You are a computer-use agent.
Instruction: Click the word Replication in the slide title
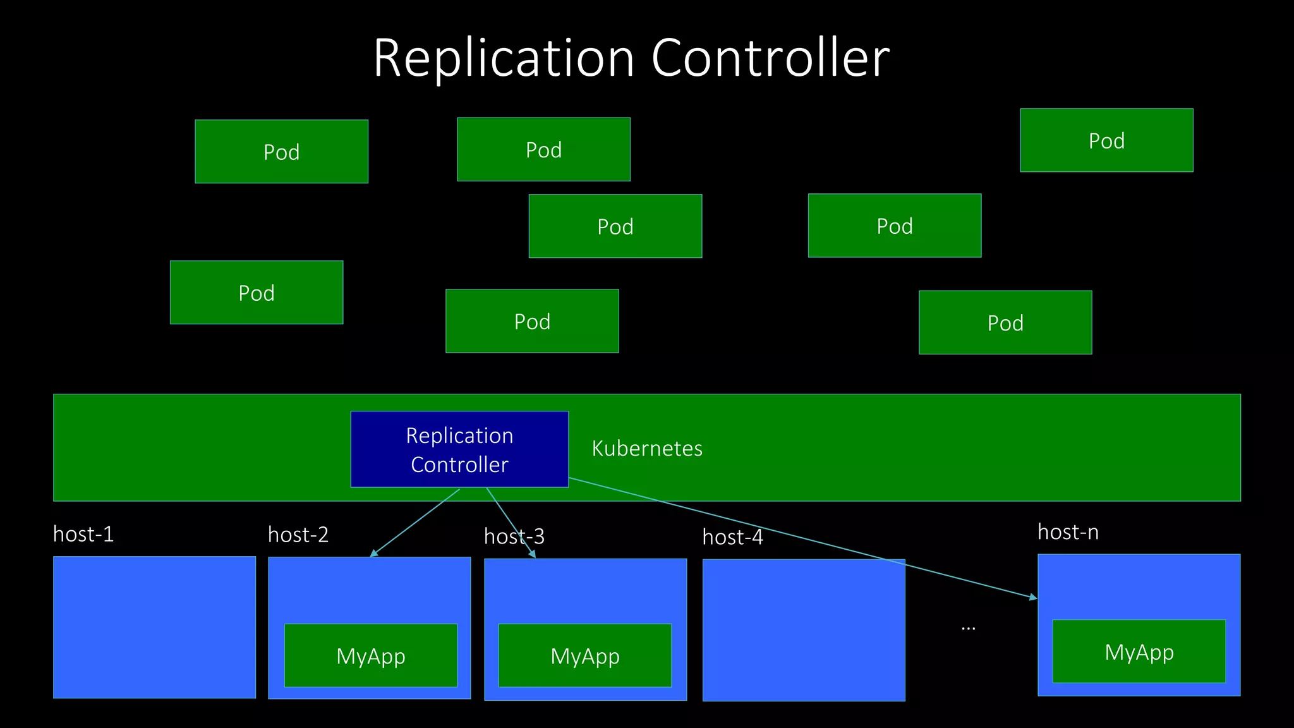tap(504, 58)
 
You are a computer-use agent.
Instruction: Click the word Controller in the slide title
tap(770, 58)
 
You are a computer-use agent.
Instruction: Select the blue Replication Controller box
tap(459, 449)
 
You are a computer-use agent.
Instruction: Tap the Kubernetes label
tap(647, 449)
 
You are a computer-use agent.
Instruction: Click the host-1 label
tap(83, 535)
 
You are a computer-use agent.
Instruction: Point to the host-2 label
tap(298, 535)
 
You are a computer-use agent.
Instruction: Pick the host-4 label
tap(732, 538)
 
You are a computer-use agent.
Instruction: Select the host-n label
tap(1068, 533)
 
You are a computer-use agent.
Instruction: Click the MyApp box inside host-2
tap(371, 655)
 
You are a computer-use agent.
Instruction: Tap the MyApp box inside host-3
tap(585, 655)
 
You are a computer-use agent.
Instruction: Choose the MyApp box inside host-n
tap(1139, 652)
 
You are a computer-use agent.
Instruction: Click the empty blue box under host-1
tap(154, 627)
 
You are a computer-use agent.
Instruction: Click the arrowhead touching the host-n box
tap(1033, 597)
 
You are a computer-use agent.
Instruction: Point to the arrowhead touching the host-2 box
tap(373, 554)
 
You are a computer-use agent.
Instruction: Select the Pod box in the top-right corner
tap(1106, 140)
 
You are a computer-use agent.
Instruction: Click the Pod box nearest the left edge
tap(257, 293)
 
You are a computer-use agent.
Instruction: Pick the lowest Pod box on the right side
tap(1005, 322)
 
